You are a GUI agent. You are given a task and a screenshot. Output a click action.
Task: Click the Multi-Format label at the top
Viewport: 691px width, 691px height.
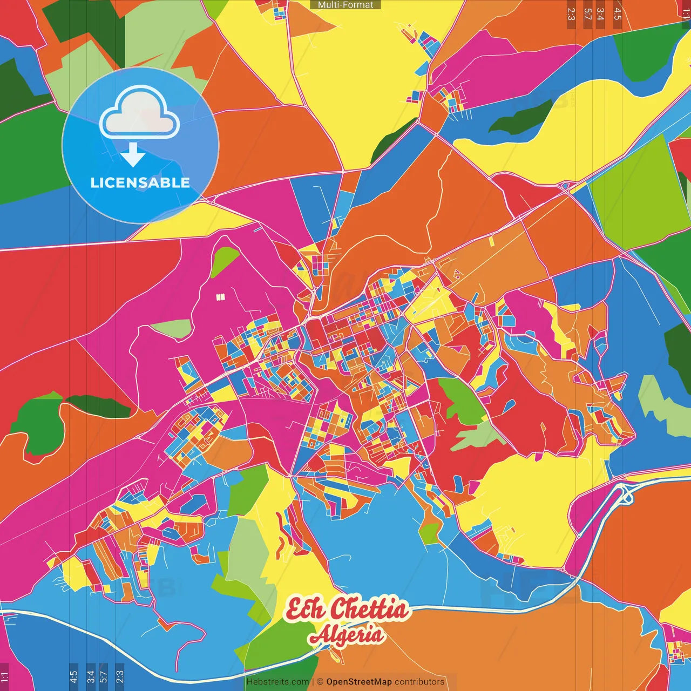(345, 5)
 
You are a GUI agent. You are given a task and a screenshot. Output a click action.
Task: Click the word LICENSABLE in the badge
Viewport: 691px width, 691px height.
(140, 182)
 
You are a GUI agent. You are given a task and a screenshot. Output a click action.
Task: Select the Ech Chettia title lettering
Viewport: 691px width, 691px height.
(347, 609)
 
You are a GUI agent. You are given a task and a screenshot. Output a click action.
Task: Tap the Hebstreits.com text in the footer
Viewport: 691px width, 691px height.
(277, 682)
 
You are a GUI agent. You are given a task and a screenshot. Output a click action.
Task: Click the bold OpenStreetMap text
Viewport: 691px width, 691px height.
(359, 682)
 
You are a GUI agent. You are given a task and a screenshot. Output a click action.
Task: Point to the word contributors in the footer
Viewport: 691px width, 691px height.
(419, 682)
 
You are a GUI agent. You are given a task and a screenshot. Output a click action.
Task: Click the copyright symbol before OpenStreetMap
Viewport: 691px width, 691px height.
(320, 682)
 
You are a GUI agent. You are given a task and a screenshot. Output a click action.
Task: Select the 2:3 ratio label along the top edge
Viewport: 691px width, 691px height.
(571, 14)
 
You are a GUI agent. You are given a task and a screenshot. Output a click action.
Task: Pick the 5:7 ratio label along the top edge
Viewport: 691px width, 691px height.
(587, 14)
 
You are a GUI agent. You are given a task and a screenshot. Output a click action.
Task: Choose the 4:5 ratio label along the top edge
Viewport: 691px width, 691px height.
(618, 14)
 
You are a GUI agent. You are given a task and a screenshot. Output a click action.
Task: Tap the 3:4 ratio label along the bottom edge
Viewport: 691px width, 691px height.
(91, 676)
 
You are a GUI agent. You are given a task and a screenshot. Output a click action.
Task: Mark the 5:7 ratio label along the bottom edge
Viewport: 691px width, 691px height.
(104, 676)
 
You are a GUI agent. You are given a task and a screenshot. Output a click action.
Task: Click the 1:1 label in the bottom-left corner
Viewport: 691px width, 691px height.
(4, 676)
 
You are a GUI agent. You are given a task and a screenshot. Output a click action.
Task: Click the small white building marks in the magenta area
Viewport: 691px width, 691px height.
(219, 297)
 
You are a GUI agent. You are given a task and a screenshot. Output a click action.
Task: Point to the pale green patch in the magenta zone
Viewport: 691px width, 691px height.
(172, 328)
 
